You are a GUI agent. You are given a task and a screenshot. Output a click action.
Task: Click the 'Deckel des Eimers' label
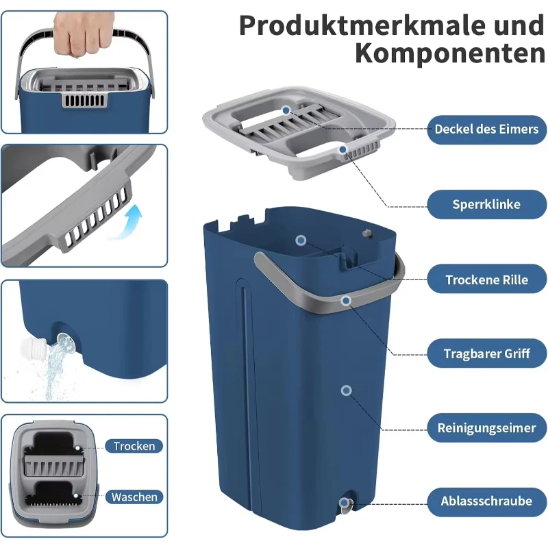click(486, 129)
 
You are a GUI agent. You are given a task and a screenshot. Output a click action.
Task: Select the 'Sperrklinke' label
click(486, 204)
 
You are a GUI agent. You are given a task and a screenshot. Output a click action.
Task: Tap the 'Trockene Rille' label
click(486, 279)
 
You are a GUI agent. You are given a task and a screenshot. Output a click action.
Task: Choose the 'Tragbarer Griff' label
click(486, 354)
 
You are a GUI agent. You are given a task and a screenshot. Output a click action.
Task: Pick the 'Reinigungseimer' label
click(486, 428)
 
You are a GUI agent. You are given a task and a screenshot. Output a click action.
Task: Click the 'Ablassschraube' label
click(486, 501)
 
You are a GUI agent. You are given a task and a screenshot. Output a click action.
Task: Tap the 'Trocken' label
click(134, 446)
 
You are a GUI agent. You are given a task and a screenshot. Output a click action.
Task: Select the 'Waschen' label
click(134, 497)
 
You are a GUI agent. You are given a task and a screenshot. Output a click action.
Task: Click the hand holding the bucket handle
click(83, 30)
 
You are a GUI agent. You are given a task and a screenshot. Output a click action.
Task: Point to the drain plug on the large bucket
click(345, 505)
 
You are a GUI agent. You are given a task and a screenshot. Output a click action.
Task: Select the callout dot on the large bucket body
click(347, 390)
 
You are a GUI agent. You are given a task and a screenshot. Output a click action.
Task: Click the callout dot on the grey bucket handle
click(347, 300)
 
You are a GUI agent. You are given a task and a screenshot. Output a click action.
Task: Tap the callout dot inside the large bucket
click(300, 240)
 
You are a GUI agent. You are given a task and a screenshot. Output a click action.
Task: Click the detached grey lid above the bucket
click(301, 130)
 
